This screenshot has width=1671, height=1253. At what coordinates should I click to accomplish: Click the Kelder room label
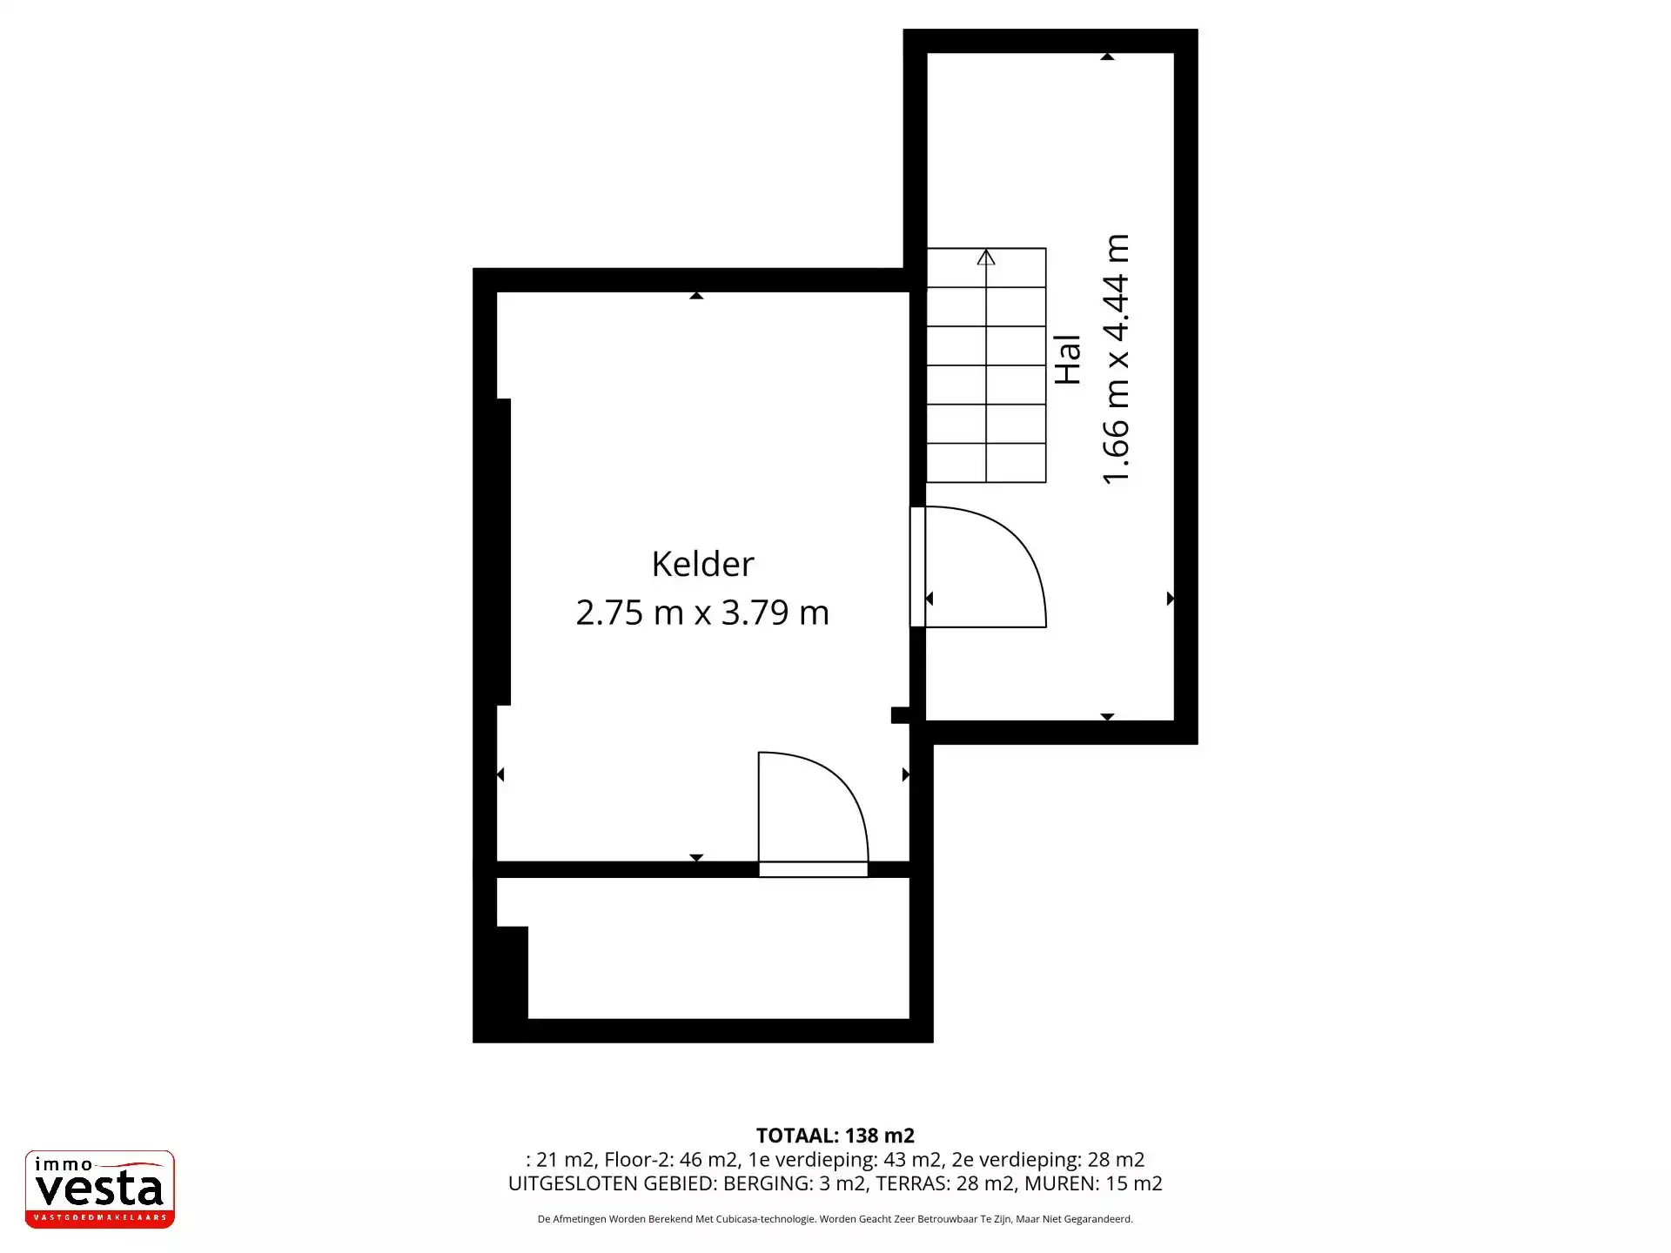[x=702, y=564]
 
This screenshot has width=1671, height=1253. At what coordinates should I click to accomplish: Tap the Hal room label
[x=1067, y=359]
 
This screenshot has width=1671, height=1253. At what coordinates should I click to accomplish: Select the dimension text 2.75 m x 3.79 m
[x=702, y=613]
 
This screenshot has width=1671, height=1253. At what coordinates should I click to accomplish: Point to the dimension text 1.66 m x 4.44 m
[x=1115, y=359]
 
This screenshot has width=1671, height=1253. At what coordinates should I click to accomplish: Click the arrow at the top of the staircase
[x=986, y=257]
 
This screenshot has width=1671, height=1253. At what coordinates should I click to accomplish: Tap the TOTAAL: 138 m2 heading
[x=835, y=1136]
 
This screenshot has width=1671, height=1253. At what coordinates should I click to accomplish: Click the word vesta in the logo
[x=99, y=1189]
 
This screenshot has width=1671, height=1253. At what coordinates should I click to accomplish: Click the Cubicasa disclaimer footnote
[x=835, y=1219]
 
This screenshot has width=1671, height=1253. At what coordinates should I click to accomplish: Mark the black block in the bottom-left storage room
[x=512, y=973]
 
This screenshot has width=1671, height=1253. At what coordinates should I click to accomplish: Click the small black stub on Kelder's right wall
[x=901, y=715]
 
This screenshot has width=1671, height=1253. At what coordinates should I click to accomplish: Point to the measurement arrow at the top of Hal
[x=1107, y=57]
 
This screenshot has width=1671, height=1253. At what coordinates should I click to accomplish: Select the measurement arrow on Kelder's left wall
[x=500, y=774]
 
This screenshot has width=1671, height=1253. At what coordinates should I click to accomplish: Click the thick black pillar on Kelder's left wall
[x=503, y=552]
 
